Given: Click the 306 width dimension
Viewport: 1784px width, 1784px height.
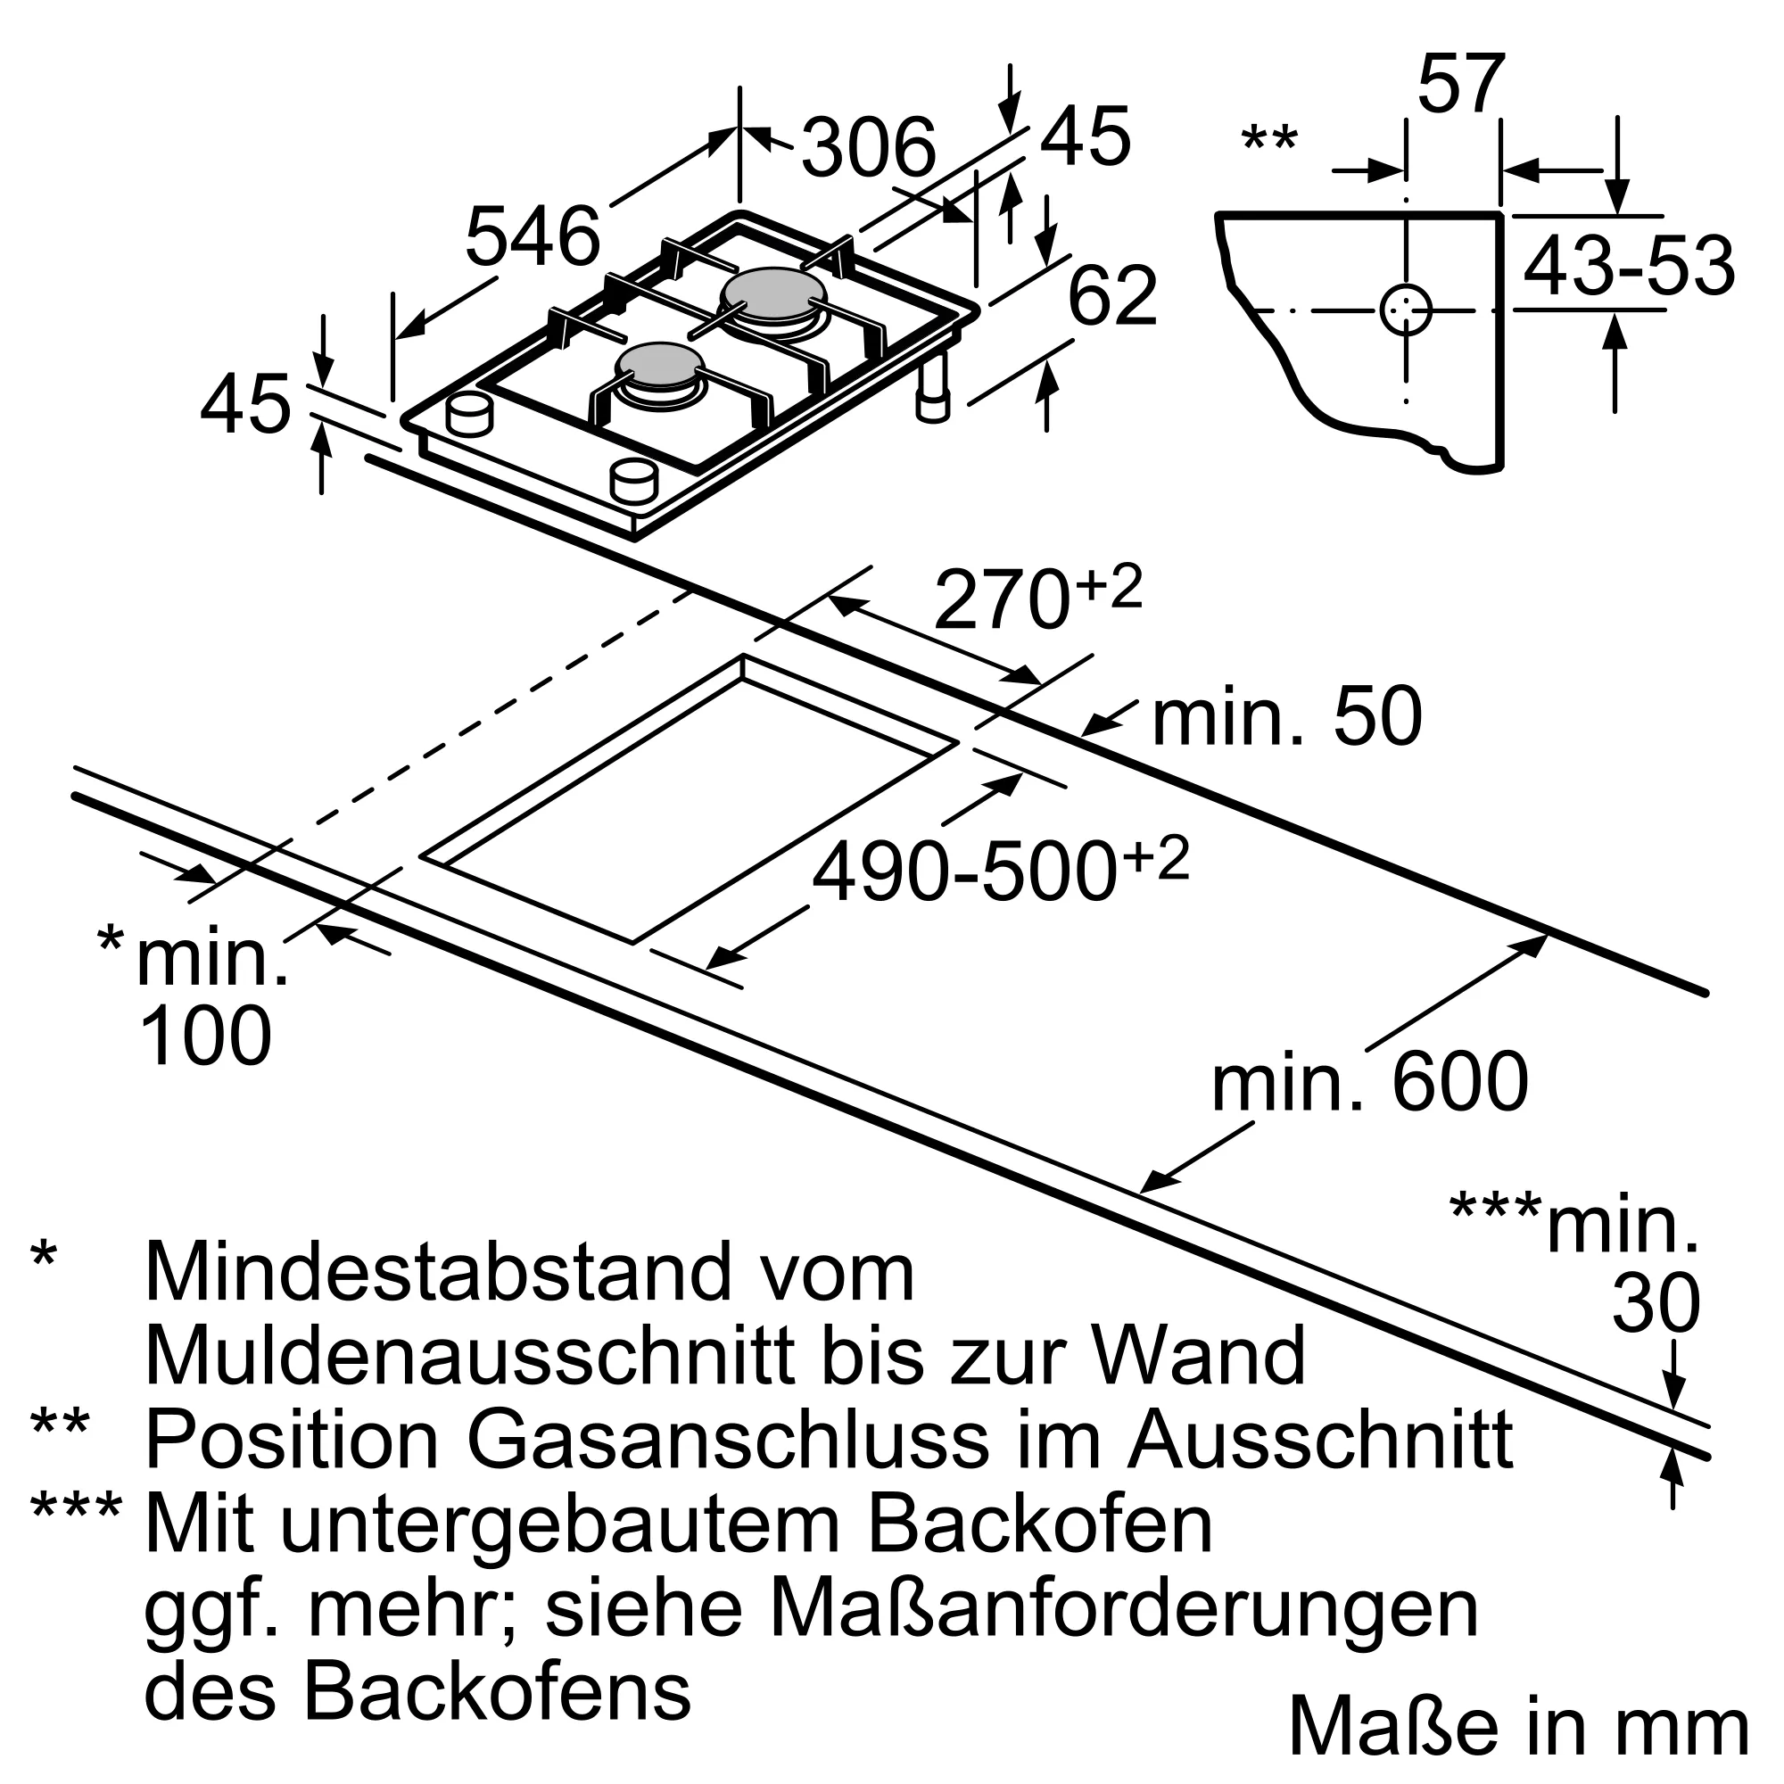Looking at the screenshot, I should click(x=868, y=148).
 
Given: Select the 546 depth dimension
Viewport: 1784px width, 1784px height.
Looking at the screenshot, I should click(x=533, y=237).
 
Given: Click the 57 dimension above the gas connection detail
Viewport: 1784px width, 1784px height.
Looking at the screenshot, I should click(x=1461, y=85).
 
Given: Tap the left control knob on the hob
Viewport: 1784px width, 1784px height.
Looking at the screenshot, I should click(x=469, y=415).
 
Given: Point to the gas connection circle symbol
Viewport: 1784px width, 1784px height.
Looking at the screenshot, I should click(x=1406, y=310).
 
